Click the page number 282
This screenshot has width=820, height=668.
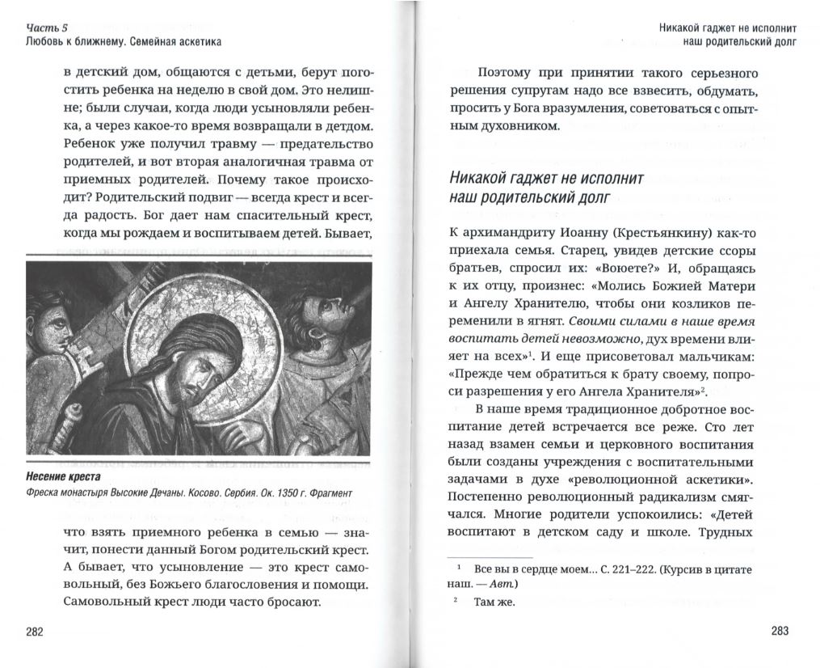(x=34, y=632)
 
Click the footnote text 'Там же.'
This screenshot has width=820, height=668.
(x=494, y=602)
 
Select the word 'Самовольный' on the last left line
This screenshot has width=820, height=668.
(x=105, y=602)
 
